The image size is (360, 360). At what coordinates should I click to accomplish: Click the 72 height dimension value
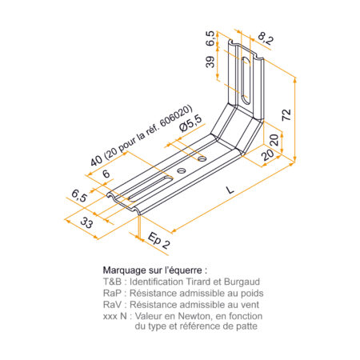pyautogui.click(x=286, y=115)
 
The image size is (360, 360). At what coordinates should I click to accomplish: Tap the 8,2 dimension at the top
pyautogui.click(x=265, y=39)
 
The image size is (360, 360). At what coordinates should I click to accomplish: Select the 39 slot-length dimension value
pyautogui.click(x=210, y=62)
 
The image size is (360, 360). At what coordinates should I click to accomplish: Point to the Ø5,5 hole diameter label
pyautogui.click(x=190, y=123)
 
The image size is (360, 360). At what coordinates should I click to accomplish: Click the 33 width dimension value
pyautogui.click(x=86, y=222)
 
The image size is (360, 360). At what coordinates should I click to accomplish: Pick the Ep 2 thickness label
pyautogui.click(x=159, y=240)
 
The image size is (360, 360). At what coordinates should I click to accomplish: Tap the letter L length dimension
pyautogui.click(x=230, y=190)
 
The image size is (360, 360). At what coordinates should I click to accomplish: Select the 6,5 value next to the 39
pyautogui.click(x=210, y=38)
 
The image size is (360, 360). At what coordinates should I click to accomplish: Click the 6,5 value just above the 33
pyautogui.click(x=79, y=196)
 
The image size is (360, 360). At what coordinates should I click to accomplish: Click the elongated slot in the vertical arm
pyautogui.click(x=246, y=80)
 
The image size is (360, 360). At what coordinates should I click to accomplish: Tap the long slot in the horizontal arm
pyautogui.click(x=150, y=188)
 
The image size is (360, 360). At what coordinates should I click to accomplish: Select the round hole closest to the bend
pyautogui.click(x=202, y=159)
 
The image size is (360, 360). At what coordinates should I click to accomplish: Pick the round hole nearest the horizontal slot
pyautogui.click(x=182, y=170)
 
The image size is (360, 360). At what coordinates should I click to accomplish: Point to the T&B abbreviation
pyautogui.click(x=112, y=282)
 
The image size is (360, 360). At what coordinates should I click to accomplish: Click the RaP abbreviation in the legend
pyautogui.click(x=112, y=293)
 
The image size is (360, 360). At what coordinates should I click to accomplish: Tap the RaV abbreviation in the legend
pyautogui.click(x=112, y=305)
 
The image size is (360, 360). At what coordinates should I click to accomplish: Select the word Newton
pyautogui.click(x=194, y=316)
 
